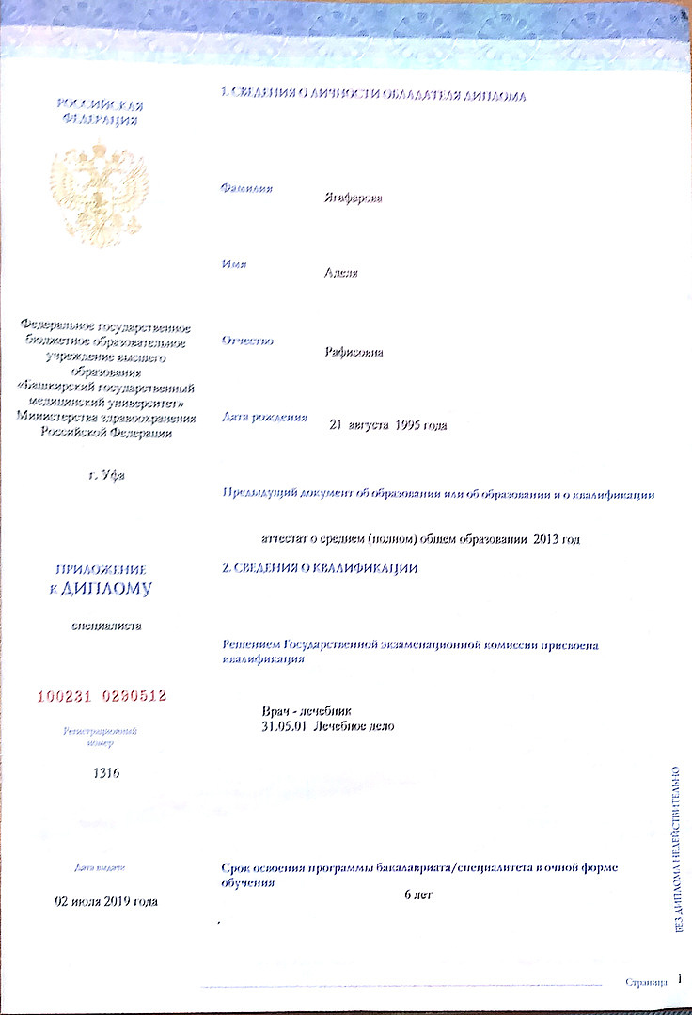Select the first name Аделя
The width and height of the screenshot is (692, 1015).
point(340,274)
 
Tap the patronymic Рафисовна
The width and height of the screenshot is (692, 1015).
point(354,353)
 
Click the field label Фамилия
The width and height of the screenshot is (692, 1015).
point(246,189)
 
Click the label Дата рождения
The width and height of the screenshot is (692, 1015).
point(264,416)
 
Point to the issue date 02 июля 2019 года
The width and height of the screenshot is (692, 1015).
point(106,901)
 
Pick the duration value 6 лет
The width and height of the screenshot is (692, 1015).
point(417,894)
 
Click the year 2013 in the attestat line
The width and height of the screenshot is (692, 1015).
point(549,539)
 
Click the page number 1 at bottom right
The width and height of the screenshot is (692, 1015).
point(680,979)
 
